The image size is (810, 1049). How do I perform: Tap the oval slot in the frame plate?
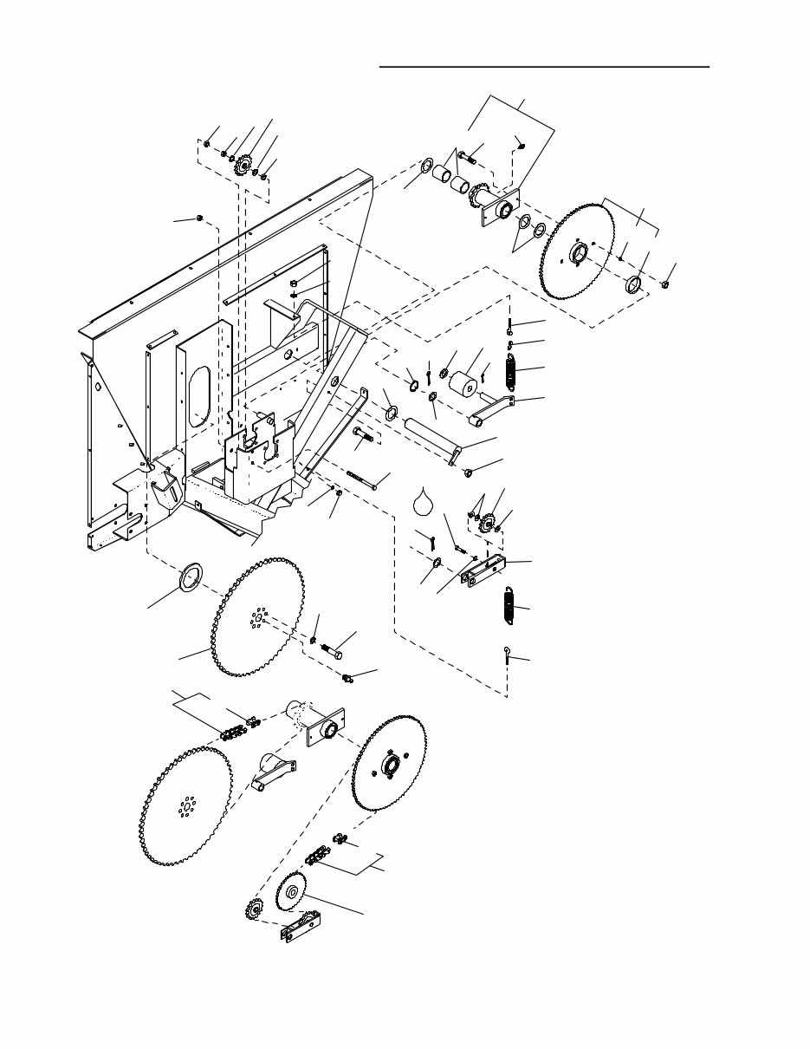[x=200, y=395]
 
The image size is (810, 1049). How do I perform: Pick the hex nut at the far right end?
[x=664, y=283]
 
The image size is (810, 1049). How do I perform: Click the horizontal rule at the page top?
[x=544, y=66]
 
